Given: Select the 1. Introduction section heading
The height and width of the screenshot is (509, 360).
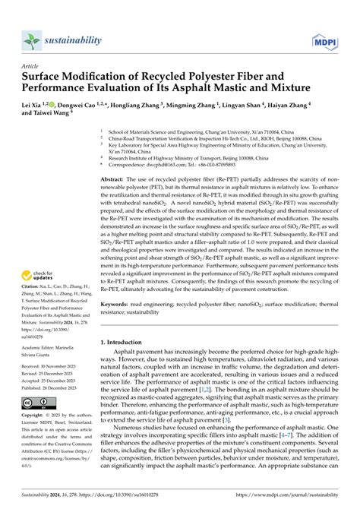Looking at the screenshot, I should [128, 343].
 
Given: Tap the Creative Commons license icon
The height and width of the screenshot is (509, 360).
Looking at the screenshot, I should [34, 403].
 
